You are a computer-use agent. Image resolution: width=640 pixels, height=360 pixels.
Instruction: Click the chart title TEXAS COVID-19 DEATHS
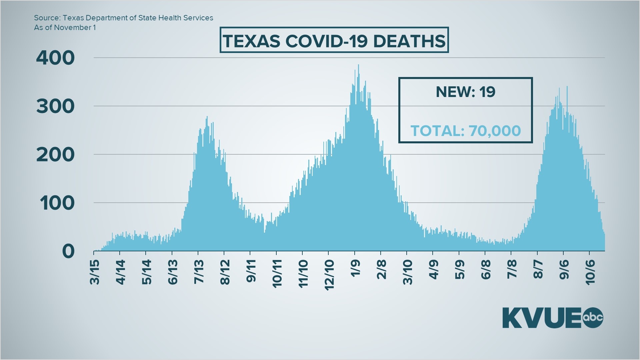point(334,41)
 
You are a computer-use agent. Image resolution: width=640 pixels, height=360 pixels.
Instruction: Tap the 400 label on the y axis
point(55,58)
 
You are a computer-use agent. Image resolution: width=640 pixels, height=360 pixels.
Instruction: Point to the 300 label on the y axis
point(55,106)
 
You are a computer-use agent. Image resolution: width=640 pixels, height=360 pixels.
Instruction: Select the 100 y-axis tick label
point(57,203)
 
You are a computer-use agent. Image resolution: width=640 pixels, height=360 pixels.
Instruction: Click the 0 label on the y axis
point(68,251)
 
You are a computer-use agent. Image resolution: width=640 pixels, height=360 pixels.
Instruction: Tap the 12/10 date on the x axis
point(329,275)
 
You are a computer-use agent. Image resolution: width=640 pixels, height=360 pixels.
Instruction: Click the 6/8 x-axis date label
point(486,270)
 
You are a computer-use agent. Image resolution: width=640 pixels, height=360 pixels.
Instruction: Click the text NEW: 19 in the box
point(465,92)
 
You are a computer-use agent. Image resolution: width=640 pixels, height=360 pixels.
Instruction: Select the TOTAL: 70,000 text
point(465,131)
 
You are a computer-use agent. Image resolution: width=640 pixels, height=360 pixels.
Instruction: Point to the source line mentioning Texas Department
point(123,18)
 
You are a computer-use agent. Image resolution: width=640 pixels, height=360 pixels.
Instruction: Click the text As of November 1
point(65,28)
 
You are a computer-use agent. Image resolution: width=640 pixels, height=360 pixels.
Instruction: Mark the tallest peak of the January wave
point(358,65)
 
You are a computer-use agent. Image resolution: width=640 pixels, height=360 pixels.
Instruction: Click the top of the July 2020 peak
point(207,117)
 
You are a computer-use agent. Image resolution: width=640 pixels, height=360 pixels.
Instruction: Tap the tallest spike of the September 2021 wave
point(567,87)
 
